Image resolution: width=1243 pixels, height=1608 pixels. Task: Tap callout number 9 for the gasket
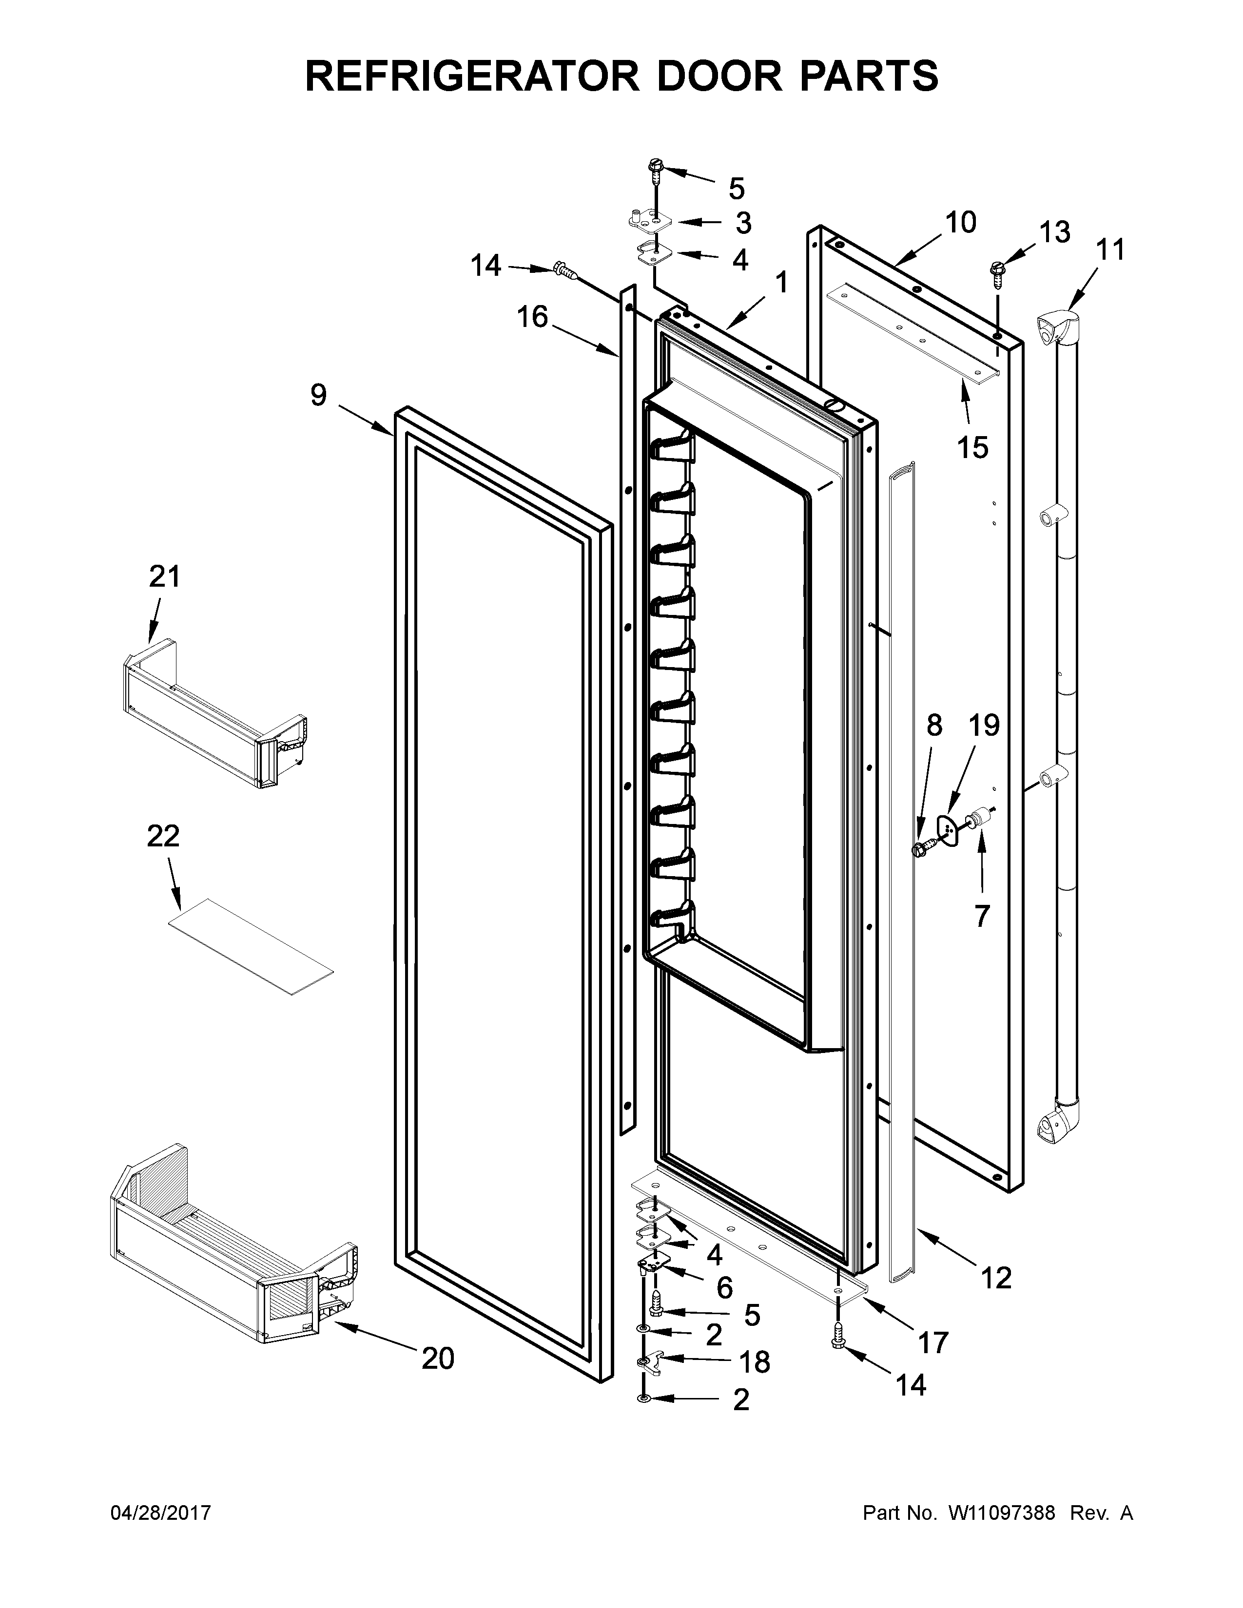pos(318,396)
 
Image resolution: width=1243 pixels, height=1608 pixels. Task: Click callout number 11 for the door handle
pos(1110,250)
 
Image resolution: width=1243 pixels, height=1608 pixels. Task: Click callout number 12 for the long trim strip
pos(995,1279)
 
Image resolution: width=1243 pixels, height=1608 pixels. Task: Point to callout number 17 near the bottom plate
pos(933,1344)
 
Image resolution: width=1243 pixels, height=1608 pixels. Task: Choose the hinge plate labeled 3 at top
pos(648,219)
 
